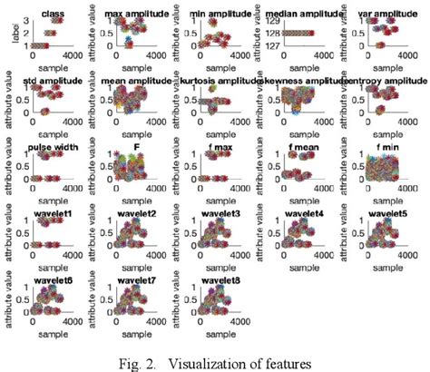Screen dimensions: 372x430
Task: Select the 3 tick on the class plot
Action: point(26,19)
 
